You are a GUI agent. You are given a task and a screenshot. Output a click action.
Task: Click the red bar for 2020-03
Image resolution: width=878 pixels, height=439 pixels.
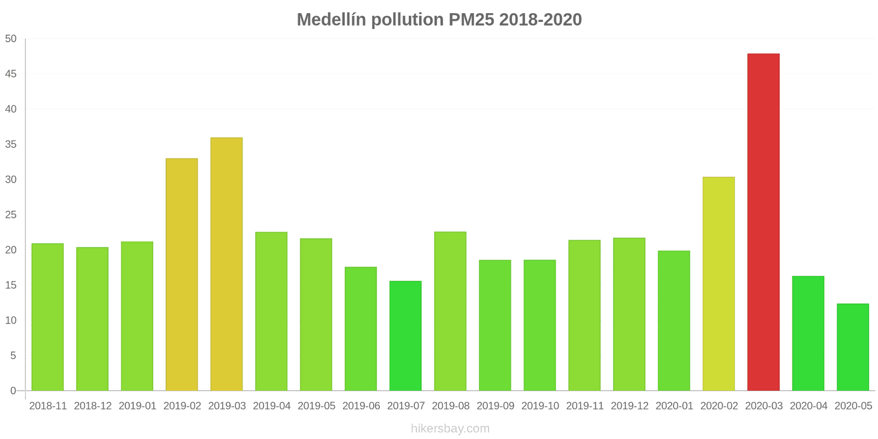tap(763, 222)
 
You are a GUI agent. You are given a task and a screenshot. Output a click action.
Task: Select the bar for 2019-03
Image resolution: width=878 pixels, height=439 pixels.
tap(227, 264)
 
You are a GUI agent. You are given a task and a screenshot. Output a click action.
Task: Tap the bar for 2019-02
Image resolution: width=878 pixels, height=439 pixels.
tap(182, 274)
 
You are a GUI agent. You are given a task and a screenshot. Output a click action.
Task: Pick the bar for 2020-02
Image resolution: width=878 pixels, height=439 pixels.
tap(718, 284)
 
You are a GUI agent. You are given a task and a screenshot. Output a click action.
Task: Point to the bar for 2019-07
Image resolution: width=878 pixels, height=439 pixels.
tap(406, 336)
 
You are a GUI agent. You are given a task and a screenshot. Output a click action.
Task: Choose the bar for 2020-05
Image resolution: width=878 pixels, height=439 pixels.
tap(853, 347)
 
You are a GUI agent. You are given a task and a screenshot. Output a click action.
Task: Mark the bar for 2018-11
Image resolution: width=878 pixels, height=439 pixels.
tap(47, 317)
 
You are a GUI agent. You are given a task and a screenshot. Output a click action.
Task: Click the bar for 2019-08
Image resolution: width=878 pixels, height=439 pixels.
tap(451, 311)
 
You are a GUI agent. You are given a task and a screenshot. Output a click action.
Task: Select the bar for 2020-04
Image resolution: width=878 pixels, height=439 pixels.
tap(808, 334)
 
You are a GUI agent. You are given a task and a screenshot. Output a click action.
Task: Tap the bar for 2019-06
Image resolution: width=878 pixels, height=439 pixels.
tap(361, 329)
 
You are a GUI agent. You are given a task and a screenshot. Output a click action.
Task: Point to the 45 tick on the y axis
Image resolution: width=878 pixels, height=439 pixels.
tap(10, 74)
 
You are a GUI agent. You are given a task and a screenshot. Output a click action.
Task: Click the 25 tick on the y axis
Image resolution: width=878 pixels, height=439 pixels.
tap(10, 215)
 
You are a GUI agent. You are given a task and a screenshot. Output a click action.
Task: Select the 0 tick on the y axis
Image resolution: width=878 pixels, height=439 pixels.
tap(13, 391)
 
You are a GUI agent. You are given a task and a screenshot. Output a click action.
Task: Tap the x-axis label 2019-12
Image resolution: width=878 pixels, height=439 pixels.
tap(629, 406)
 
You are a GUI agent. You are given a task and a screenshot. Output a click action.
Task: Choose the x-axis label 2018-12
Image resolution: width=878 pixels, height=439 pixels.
tap(93, 406)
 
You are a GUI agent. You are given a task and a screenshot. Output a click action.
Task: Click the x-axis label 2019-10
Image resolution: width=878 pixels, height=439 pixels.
tap(540, 406)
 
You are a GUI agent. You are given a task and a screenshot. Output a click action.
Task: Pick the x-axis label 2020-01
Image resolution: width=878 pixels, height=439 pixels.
tap(674, 406)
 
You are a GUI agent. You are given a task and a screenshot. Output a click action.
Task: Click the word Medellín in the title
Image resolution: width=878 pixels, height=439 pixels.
tap(331, 20)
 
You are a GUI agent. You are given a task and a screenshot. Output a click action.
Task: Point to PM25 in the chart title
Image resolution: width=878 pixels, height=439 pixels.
tap(471, 20)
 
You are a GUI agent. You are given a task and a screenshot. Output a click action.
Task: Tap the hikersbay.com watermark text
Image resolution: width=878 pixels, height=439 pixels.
tap(451, 429)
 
